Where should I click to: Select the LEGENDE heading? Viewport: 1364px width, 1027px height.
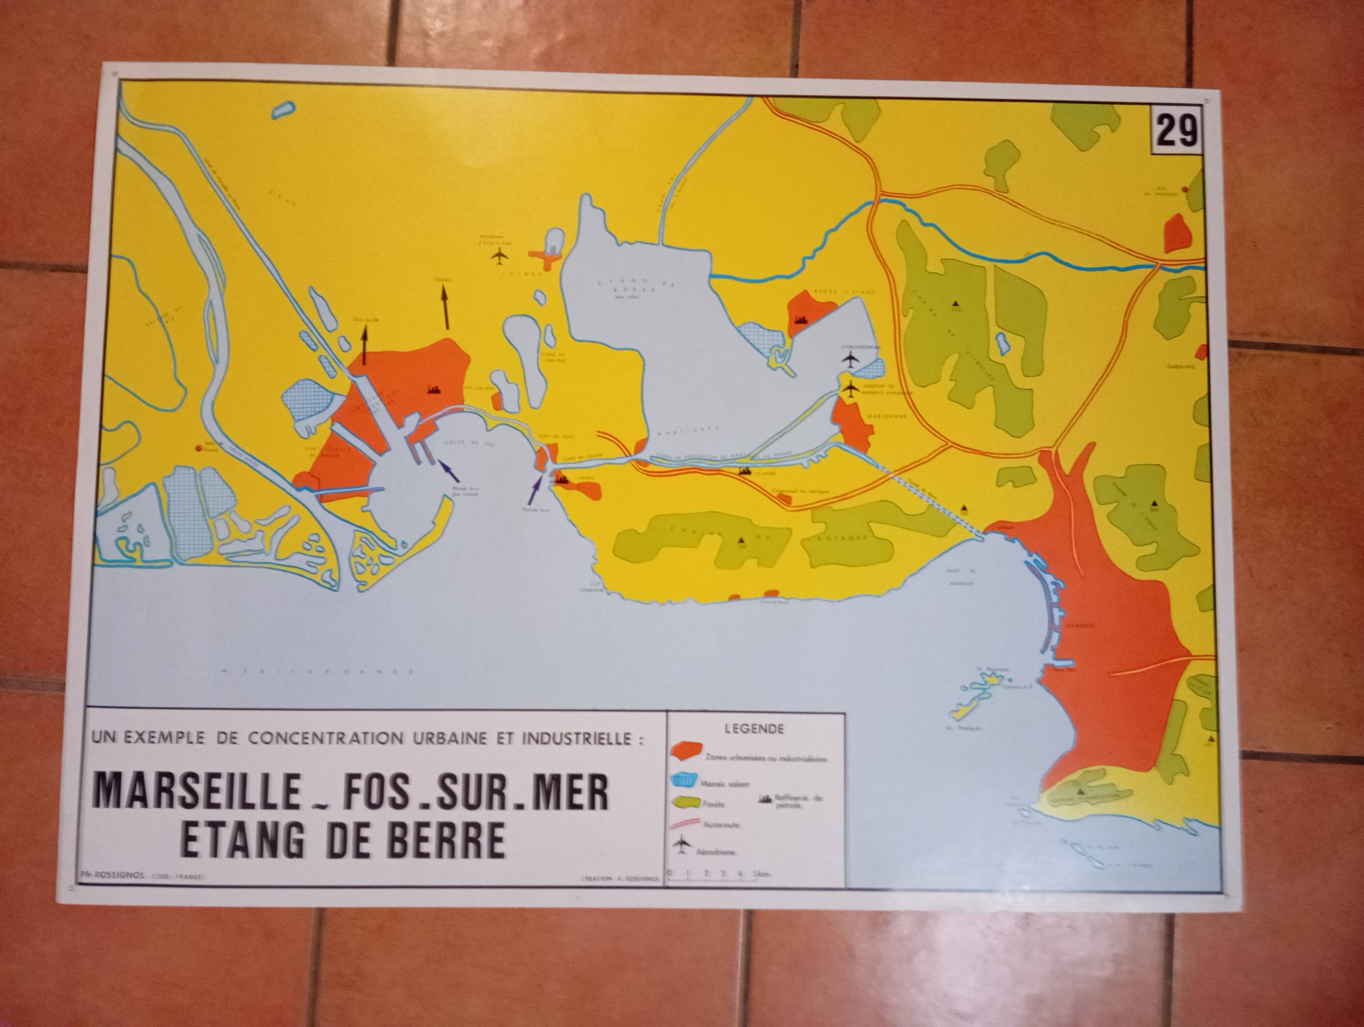point(754,729)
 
